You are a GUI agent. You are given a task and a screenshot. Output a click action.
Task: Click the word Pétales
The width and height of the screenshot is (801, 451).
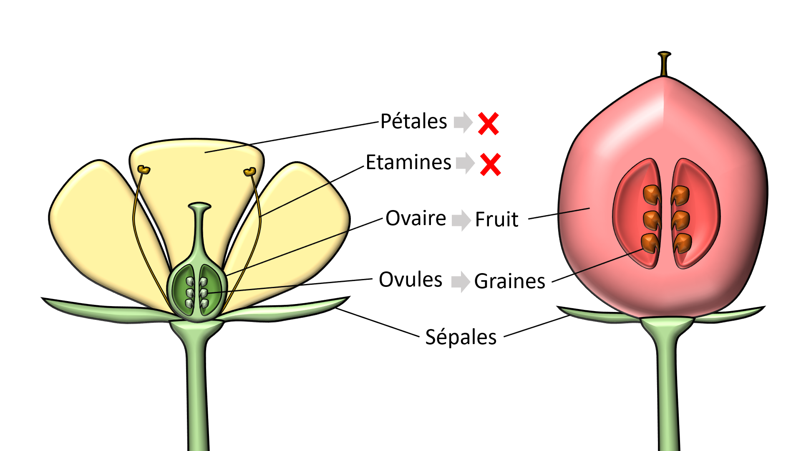coord(413,122)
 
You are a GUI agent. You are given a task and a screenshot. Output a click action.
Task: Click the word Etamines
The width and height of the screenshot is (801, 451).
coord(408,162)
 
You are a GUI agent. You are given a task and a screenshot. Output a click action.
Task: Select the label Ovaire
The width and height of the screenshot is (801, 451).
coord(416,218)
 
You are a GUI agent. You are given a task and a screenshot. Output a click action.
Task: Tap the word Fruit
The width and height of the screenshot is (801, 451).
coord(496,219)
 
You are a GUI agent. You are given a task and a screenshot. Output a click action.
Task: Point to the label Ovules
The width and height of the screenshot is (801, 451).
coord(411,279)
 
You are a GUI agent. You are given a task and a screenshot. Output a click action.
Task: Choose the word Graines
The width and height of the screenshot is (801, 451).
coord(510,281)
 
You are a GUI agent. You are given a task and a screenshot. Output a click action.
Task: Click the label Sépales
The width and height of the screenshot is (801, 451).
coord(461,337)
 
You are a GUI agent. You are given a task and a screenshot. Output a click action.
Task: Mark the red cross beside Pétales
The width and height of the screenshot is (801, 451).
coord(488,124)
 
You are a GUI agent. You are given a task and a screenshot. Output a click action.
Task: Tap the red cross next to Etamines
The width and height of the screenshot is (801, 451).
coord(490,165)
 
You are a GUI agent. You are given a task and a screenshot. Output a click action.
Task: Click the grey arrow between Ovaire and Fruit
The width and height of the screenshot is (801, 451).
coord(462,220)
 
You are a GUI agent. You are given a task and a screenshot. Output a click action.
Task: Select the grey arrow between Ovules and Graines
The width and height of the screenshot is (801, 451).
coord(461,281)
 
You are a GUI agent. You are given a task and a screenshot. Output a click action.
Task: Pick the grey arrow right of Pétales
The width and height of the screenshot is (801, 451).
coord(463,122)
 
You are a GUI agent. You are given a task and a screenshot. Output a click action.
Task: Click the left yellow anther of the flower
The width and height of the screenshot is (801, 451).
coord(144,170)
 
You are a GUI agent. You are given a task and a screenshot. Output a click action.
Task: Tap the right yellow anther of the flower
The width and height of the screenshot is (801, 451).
coord(250,171)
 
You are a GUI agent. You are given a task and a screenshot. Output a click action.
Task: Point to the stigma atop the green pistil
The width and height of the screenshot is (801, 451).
coord(199,206)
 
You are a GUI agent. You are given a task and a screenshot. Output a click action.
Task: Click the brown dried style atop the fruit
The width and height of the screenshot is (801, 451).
coord(664,63)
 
